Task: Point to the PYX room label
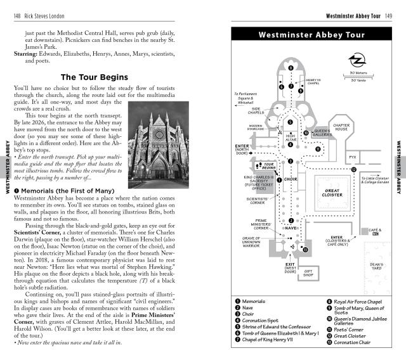(355, 156)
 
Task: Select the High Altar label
(291, 136)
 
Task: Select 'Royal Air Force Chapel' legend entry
(358, 302)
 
